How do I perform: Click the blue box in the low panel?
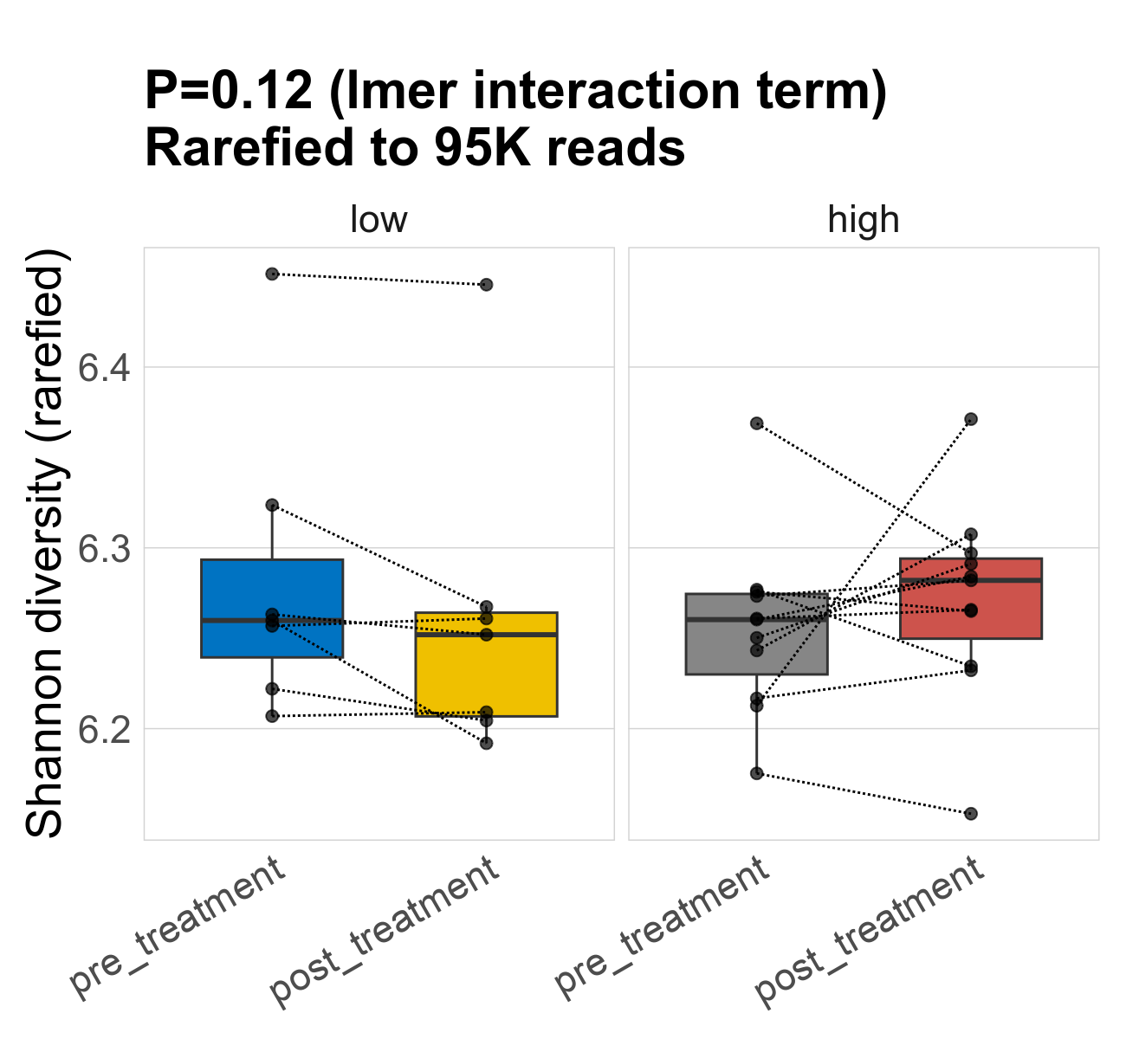272,589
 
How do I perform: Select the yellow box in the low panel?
486,675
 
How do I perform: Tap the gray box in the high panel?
756,645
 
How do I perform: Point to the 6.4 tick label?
104,368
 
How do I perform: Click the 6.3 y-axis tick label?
104,549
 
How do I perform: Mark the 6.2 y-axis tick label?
104,730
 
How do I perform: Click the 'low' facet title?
379,220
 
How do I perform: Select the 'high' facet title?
864,220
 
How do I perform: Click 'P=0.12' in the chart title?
228,91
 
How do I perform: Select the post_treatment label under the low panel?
385,931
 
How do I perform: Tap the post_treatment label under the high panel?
870,931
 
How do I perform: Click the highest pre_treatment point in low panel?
272,274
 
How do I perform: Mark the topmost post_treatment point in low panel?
486,285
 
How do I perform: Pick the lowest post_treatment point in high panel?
971,814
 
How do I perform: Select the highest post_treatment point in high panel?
971,419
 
